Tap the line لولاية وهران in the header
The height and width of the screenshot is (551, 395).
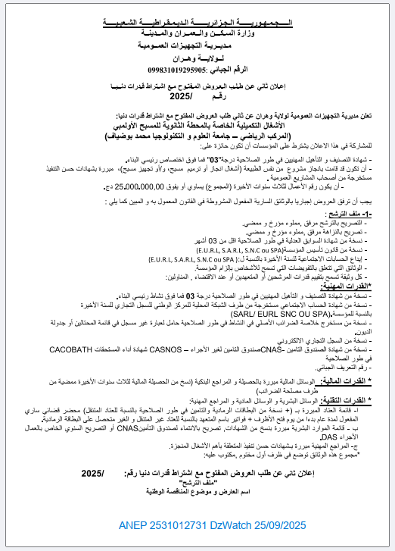pyautogui.click(x=199, y=58)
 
